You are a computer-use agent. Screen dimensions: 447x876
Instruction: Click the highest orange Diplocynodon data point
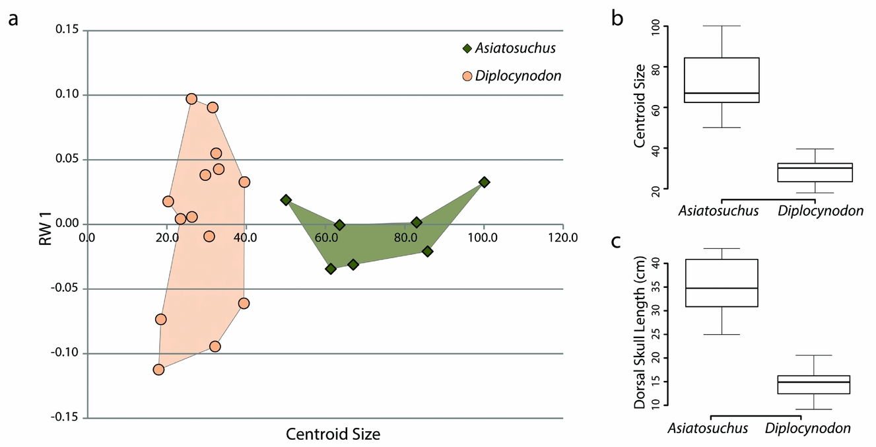[191, 99]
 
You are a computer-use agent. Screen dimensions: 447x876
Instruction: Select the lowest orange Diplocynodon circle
[158, 370]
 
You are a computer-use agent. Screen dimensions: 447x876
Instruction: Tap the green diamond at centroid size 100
[484, 182]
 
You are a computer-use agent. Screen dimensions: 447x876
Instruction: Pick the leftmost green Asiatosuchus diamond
[286, 199]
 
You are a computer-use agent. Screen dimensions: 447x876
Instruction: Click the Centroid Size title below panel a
[333, 434]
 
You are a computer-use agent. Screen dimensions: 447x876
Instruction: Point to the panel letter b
[618, 18]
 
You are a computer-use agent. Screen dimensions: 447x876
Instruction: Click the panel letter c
[617, 242]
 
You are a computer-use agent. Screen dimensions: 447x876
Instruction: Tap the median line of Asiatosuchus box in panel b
[722, 93]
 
